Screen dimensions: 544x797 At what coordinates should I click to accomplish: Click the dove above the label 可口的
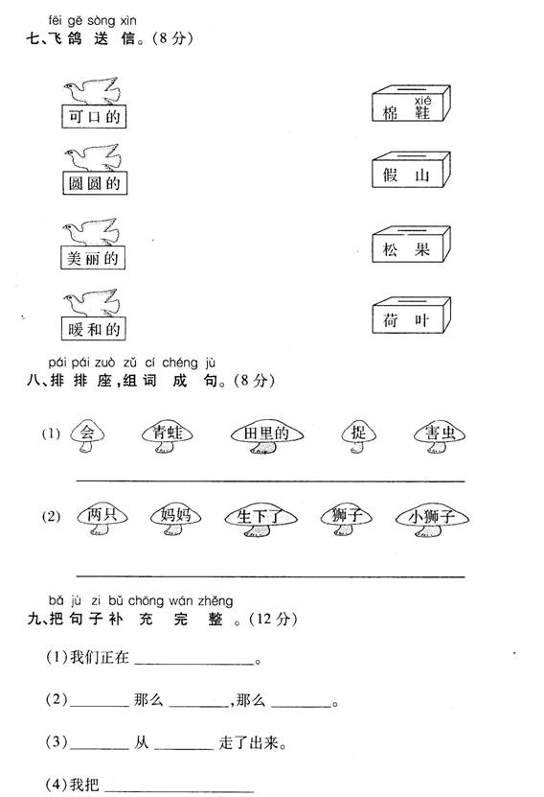pyautogui.click(x=92, y=91)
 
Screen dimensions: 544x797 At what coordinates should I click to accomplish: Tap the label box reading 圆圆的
pyautogui.click(x=95, y=183)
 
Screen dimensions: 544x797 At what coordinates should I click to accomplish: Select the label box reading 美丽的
pyautogui.click(x=93, y=258)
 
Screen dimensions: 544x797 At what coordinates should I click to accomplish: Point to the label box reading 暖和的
pyautogui.click(x=93, y=329)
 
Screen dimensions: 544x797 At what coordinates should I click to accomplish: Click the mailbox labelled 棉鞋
pyautogui.click(x=411, y=104)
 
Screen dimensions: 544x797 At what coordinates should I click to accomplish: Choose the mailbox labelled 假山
pyautogui.click(x=411, y=170)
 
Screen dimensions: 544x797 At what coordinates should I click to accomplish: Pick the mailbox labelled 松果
pyautogui.click(x=411, y=245)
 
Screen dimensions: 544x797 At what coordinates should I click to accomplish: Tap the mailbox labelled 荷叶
pyautogui.click(x=411, y=316)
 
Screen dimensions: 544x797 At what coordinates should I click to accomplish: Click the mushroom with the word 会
pyautogui.click(x=87, y=436)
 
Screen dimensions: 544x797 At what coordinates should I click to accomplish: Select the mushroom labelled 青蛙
pyautogui.click(x=167, y=436)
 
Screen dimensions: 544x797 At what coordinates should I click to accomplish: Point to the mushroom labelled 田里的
pyautogui.click(x=266, y=436)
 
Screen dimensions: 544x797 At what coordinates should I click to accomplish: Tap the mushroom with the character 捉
pyautogui.click(x=358, y=436)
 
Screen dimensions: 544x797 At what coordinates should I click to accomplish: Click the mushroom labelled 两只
pyautogui.click(x=102, y=520)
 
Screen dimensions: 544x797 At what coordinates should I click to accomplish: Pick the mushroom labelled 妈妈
pyautogui.click(x=175, y=520)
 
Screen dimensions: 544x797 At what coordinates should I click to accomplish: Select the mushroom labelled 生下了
pyautogui.click(x=261, y=521)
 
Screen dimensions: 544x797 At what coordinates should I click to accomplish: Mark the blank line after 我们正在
pyautogui.click(x=194, y=664)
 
